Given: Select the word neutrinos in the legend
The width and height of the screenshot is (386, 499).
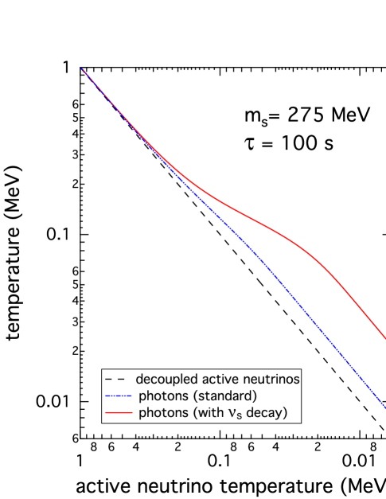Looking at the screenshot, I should [266, 380].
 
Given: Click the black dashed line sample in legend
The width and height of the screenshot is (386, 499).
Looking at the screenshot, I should [115, 380].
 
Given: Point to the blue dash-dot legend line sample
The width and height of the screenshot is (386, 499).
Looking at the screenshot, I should [116, 396].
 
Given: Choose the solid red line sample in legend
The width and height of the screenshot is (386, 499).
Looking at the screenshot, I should [116, 412].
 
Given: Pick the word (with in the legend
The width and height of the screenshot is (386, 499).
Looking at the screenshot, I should [209, 412].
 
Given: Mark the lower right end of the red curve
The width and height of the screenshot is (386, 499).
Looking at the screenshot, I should [385, 339].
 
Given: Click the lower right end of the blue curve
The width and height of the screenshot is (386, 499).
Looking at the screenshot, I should [385, 408].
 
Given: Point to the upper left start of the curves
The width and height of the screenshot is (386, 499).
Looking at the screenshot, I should [82, 68].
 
